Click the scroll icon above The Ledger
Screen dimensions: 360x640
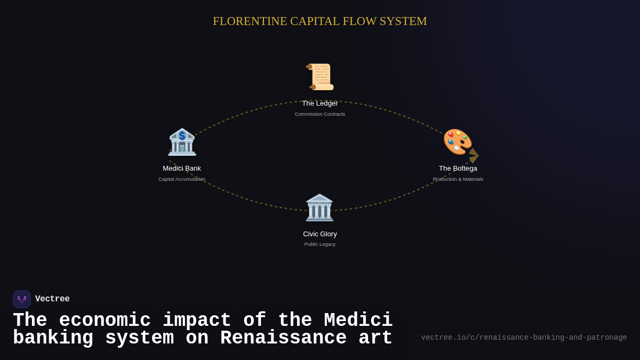[x=320, y=77]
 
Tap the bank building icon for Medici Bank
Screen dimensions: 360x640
[x=182, y=142]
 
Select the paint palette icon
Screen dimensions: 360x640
[x=457, y=141]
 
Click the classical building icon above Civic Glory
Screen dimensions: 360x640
[x=319, y=207]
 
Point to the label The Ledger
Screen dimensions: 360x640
[x=320, y=103]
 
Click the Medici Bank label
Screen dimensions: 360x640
[x=182, y=169]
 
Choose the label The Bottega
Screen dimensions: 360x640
[x=458, y=169]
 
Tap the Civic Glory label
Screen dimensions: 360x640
[x=320, y=234]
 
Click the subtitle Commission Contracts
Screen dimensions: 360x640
[x=320, y=114]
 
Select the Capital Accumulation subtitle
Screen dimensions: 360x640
[x=182, y=179]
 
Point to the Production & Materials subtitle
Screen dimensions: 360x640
[x=458, y=179]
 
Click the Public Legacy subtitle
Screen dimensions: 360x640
[x=320, y=244]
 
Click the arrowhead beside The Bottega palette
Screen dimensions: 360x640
[x=474, y=155]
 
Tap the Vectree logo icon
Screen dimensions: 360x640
[x=22, y=299]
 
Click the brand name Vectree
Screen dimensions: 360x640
[x=52, y=299]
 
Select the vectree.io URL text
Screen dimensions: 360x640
[x=524, y=338]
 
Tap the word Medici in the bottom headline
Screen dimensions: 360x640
[x=358, y=321]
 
